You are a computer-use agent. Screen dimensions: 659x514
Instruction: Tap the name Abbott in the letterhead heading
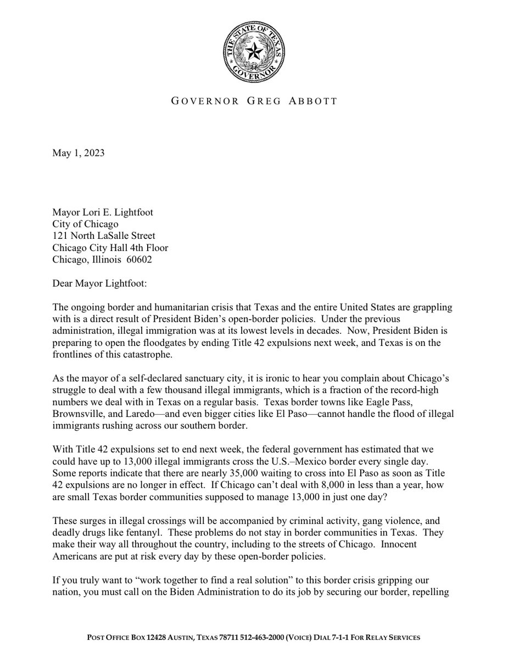315,101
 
